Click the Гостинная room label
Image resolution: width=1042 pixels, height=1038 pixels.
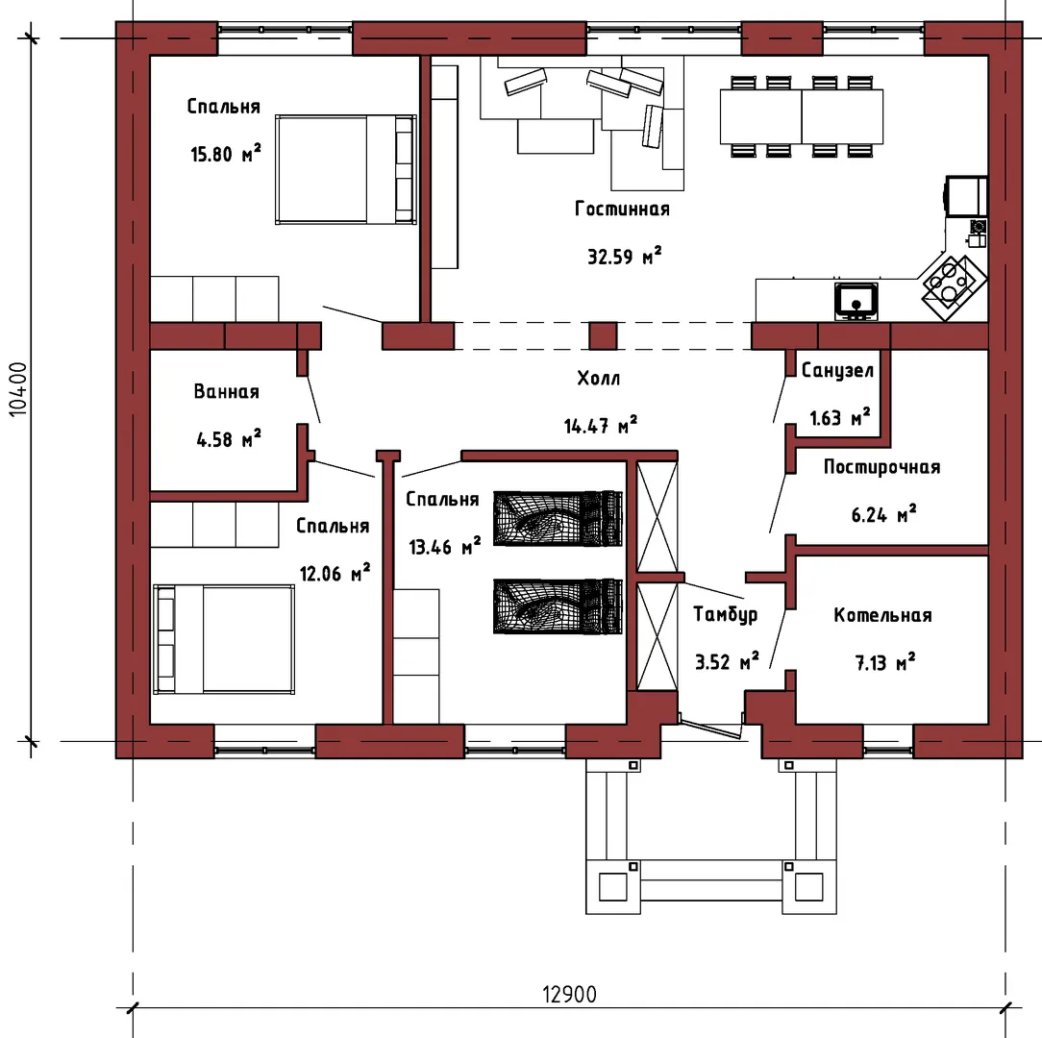tap(622, 210)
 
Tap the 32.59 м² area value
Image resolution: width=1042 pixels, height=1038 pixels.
tap(625, 256)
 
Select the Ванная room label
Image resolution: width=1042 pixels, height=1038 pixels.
tap(227, 391)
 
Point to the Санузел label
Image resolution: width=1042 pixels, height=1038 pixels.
tap(837, 371)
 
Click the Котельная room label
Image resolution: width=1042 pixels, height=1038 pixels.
tap(882, 615)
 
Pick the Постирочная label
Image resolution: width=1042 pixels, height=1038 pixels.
tap(881, 467)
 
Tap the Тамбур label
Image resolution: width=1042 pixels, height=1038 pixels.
tap(725, 614)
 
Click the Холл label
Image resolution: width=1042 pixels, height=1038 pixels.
tap(598, 379)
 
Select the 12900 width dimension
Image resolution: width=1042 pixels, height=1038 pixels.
tap(569, 994)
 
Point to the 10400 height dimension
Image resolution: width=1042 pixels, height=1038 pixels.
tap(18, 389)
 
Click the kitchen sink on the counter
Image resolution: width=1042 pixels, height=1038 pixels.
tap(856, 301)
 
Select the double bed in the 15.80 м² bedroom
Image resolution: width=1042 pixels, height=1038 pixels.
tap(346, 169)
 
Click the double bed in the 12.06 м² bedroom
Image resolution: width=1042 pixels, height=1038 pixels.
tap(224, 639)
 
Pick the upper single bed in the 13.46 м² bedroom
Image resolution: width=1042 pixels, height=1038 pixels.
tap(558, 518)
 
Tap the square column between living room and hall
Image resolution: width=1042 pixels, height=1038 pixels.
tap(603, 335)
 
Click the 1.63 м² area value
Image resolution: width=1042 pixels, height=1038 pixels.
tap(840, 417)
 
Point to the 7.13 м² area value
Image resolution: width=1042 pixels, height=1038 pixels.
tap(884, 662)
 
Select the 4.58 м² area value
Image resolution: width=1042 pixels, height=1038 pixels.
tap(229, 438)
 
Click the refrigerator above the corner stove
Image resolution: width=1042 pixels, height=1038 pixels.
tap(965, 196)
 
